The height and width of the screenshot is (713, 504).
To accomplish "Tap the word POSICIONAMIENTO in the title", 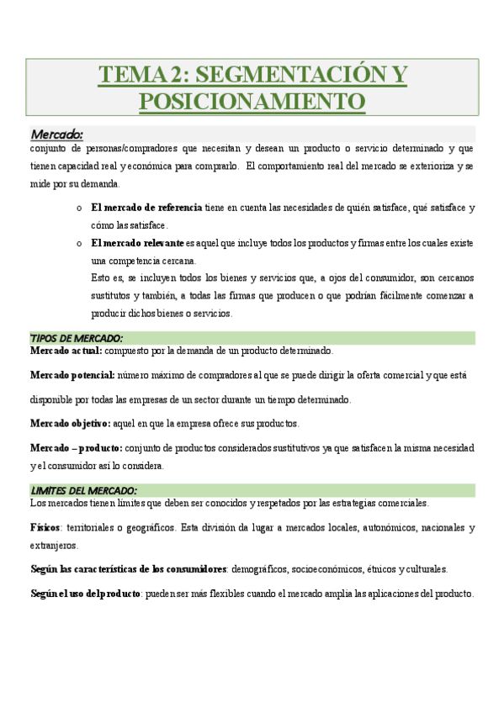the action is point(252,101).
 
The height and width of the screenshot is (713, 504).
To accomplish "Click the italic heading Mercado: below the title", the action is point(57,134).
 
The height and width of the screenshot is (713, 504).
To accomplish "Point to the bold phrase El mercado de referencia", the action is point(146,207).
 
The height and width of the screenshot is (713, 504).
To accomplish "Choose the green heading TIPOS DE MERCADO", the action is point(77,338).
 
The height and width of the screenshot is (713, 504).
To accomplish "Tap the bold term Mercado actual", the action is point(66,351).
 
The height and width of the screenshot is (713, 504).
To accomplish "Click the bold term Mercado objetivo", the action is point(69,423).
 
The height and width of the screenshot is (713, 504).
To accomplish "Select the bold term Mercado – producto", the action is point(76,447).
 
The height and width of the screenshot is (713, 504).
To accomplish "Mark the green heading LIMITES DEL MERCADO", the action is point(84,491).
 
